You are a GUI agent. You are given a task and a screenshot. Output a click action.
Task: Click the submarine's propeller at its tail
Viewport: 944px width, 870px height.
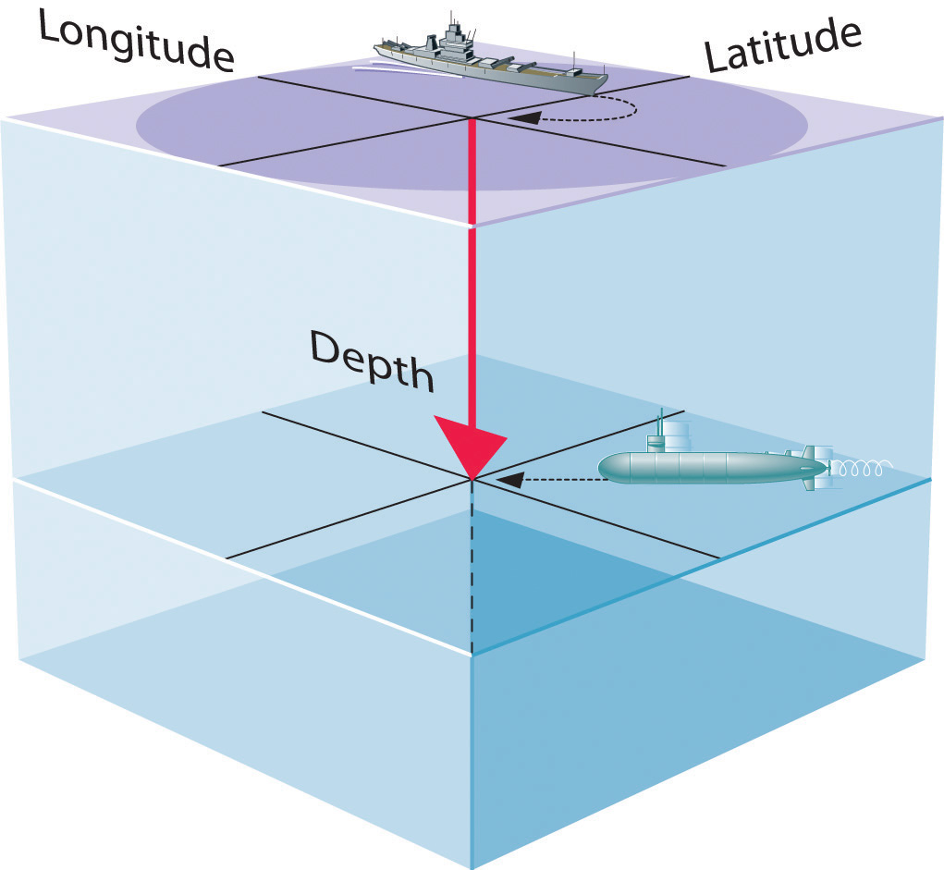coord(826,468)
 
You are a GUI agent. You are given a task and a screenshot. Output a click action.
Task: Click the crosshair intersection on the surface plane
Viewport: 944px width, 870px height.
coord(472,117)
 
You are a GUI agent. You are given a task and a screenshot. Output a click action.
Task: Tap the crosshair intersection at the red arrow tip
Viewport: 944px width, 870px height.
coord(472,479)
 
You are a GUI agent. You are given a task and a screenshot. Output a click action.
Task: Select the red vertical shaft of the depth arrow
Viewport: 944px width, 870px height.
coord(472,277)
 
